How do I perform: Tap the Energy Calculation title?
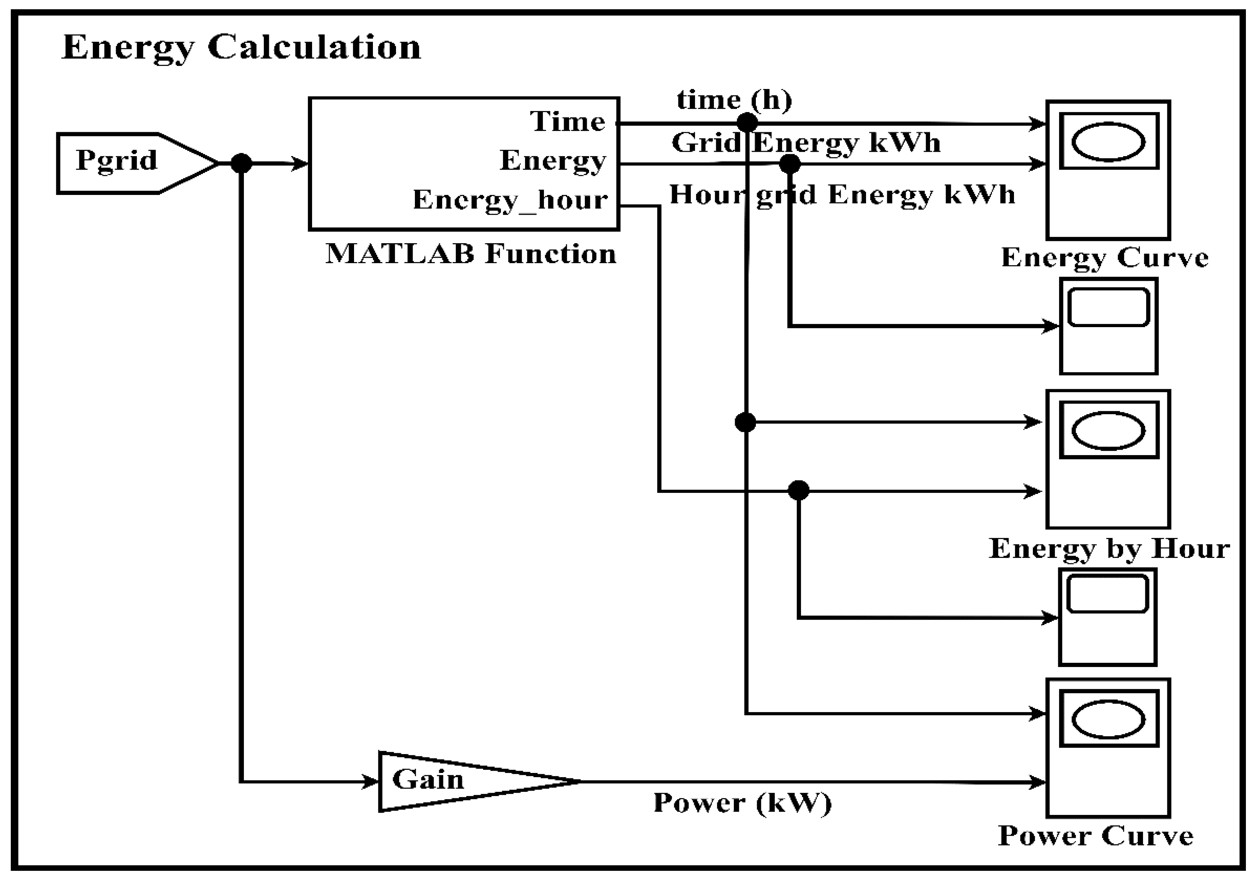[241, 48]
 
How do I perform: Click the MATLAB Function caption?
[470, 254]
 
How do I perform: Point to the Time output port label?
[567, 121]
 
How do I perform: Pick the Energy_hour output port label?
[510, 200]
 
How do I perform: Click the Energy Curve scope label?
[1105, 257]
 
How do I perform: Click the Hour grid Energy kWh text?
[842, 195]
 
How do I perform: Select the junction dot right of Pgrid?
[241, 163]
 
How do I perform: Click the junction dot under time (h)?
[747, 122]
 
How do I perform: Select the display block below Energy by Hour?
[1107, 617]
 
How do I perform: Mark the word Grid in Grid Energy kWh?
[706, 143]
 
